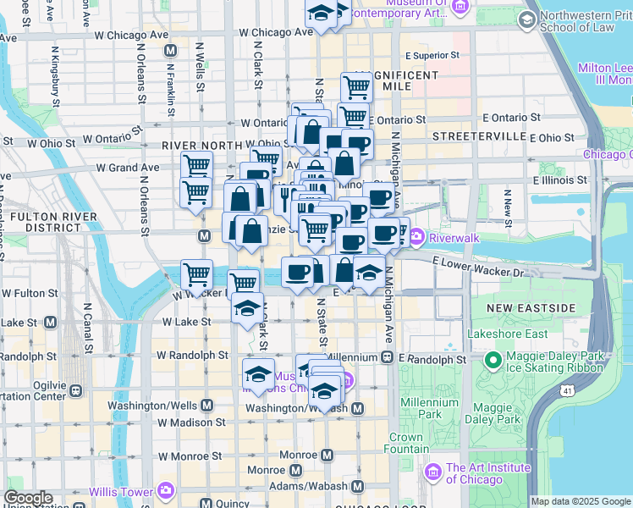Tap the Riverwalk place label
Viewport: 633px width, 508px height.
tap(454, 238)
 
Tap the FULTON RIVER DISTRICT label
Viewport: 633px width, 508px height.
tap(40, 223)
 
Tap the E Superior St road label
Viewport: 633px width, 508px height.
tap(432, 55)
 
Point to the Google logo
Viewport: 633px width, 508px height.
tap(28, 498)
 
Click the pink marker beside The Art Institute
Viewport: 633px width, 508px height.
tap(433, 471)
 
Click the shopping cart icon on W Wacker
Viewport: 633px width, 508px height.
tap(197, 274)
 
